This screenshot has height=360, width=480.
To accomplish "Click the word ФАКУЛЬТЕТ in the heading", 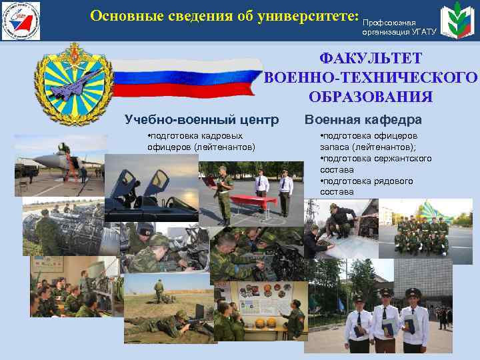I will (371, 59).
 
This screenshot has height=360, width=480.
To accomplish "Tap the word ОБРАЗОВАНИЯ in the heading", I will (371, 96).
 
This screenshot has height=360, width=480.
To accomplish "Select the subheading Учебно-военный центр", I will (201, 120).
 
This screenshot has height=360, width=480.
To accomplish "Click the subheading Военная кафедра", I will (363, 120).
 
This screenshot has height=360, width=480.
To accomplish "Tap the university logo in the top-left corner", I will (21, 21).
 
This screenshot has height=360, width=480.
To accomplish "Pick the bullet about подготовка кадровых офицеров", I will (200, 142).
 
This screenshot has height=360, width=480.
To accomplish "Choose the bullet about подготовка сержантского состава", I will (375, 164).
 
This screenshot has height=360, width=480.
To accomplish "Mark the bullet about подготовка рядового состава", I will (367, 186).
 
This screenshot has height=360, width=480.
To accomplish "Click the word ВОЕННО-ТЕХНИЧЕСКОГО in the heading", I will (371, 77).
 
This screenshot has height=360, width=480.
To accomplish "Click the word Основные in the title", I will (123, 15).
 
